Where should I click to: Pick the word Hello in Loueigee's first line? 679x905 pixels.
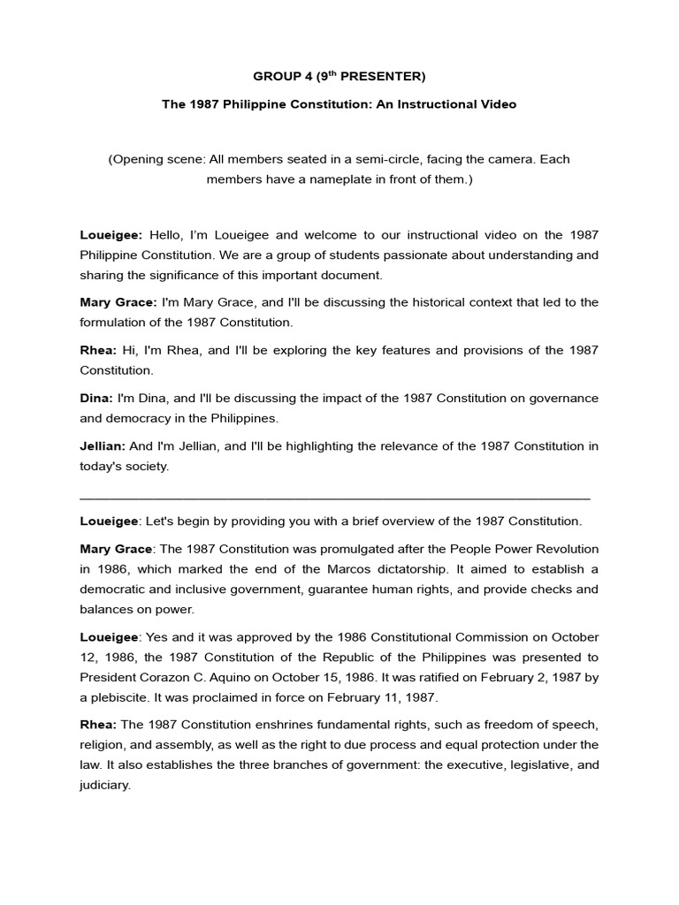pos(164,234)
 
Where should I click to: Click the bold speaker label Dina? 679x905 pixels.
pos(96,398)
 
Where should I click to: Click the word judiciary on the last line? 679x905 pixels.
pos(104,785)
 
